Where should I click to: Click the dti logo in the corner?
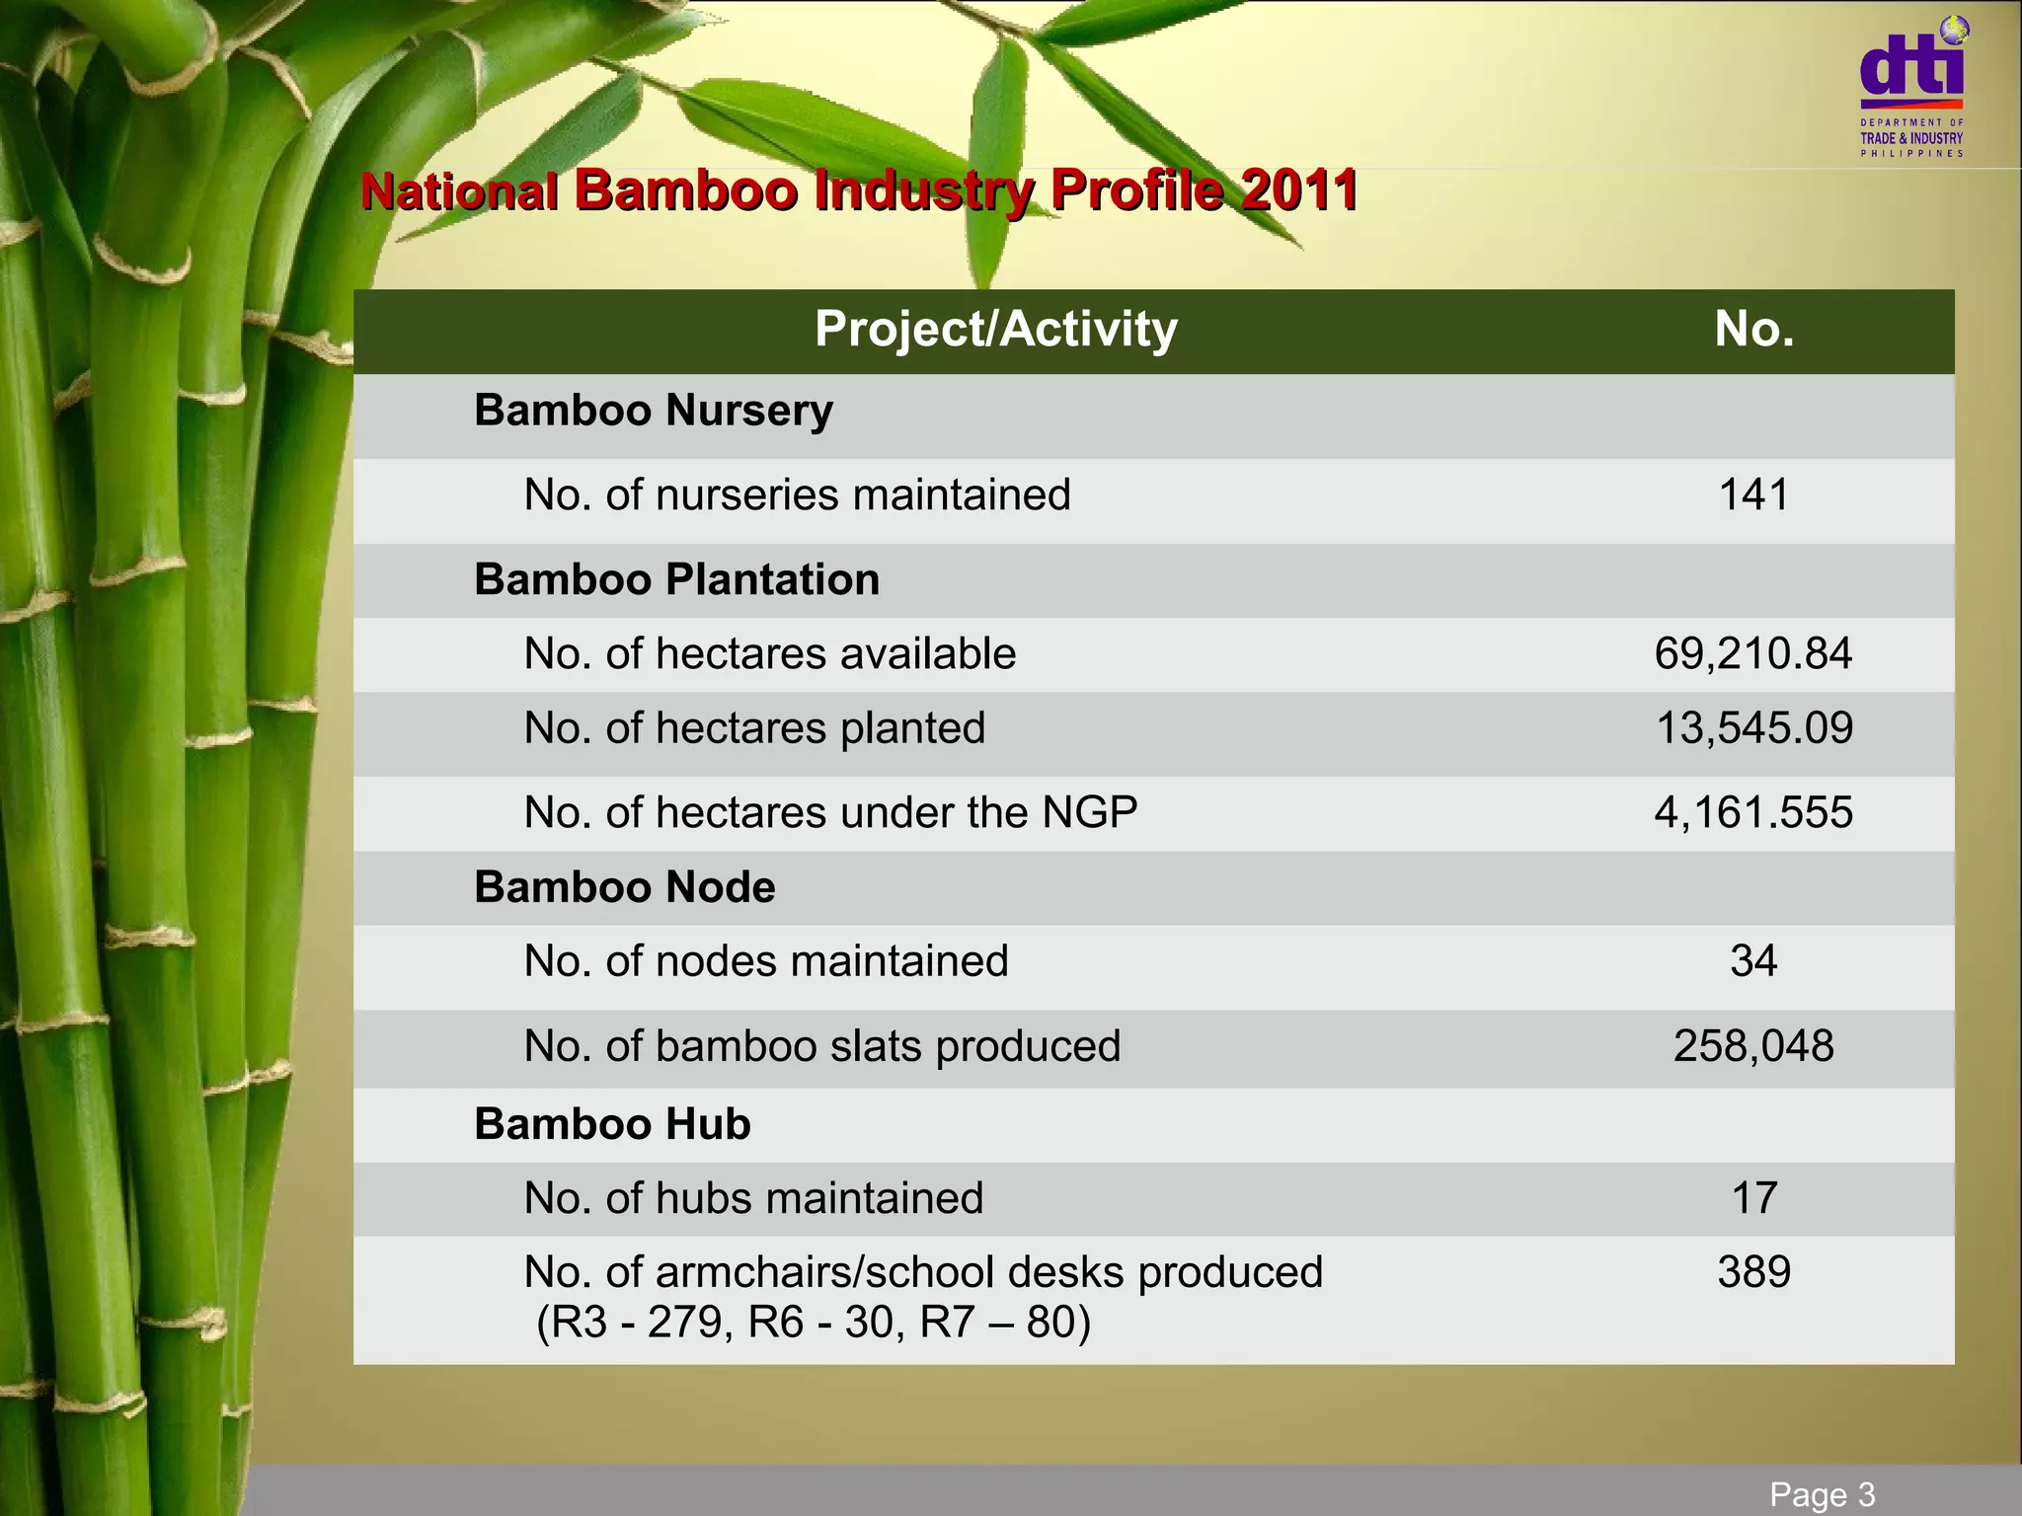pyautogui.click(x=1911, y=87)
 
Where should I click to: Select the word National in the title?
pyautogui.click(x=459, y=190)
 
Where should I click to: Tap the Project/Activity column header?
pyautogui.click(x=995, y=329)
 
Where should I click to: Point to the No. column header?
pyautogui.click(x=1753, y=329)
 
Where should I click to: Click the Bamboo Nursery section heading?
pyautogui.click(x=653, y=411)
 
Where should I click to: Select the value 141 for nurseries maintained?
pyautogui.click(x=1753, y=494)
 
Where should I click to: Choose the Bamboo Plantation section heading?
pyautogui.click(x=676, y=579)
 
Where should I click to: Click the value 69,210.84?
pyautogui.click(x=1753, y=653)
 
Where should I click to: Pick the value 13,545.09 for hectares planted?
pyautogui.click(x=1753, y=728)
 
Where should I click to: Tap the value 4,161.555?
pyautogui.click(x=1753, y=812)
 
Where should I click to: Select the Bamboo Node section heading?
pyautogui.click(x=624, y=887)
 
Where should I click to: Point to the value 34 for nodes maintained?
pyautogui.click(x=1753, y=960)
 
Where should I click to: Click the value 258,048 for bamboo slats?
pyautogui.click(x=1753, y=1045)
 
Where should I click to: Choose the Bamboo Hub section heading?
pyautogui.click(x=612, y=1124)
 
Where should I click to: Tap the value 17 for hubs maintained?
pyautogui.click(x=1753, y=1198)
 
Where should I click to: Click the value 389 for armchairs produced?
pyautogui.click(x=1753, y=1272)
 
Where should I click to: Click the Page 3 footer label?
pyautogui.click(x=1822, y=1494)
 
